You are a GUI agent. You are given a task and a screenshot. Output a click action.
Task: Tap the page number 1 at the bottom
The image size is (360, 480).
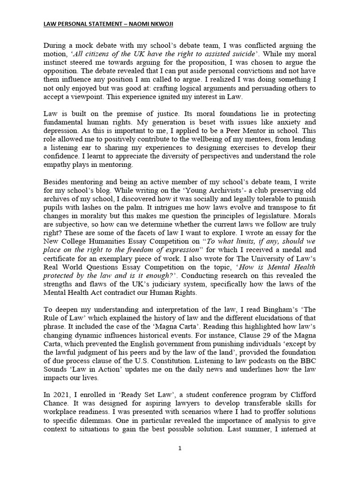point(180,448)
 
